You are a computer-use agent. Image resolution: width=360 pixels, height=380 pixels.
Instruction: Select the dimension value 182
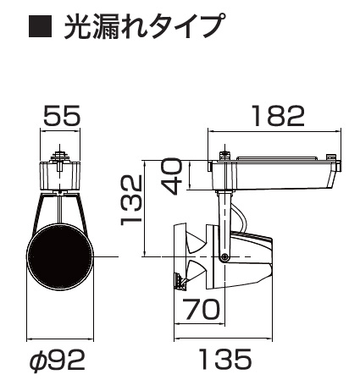click(x=276, y=116)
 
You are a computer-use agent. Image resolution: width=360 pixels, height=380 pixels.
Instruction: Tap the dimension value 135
click(x=225, y=360)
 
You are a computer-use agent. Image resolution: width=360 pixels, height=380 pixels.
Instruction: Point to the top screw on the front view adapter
click(x=59, y=156)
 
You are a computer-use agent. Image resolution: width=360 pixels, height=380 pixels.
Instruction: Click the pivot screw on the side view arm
click(x=224, y=257)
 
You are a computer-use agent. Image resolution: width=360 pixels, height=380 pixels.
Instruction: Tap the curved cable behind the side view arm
click(x=242, y=224)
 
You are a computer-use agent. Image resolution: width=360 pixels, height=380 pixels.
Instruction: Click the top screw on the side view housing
click(x=224, y=155)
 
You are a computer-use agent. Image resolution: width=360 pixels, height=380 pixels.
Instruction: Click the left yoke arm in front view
click(x=39, y=212)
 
